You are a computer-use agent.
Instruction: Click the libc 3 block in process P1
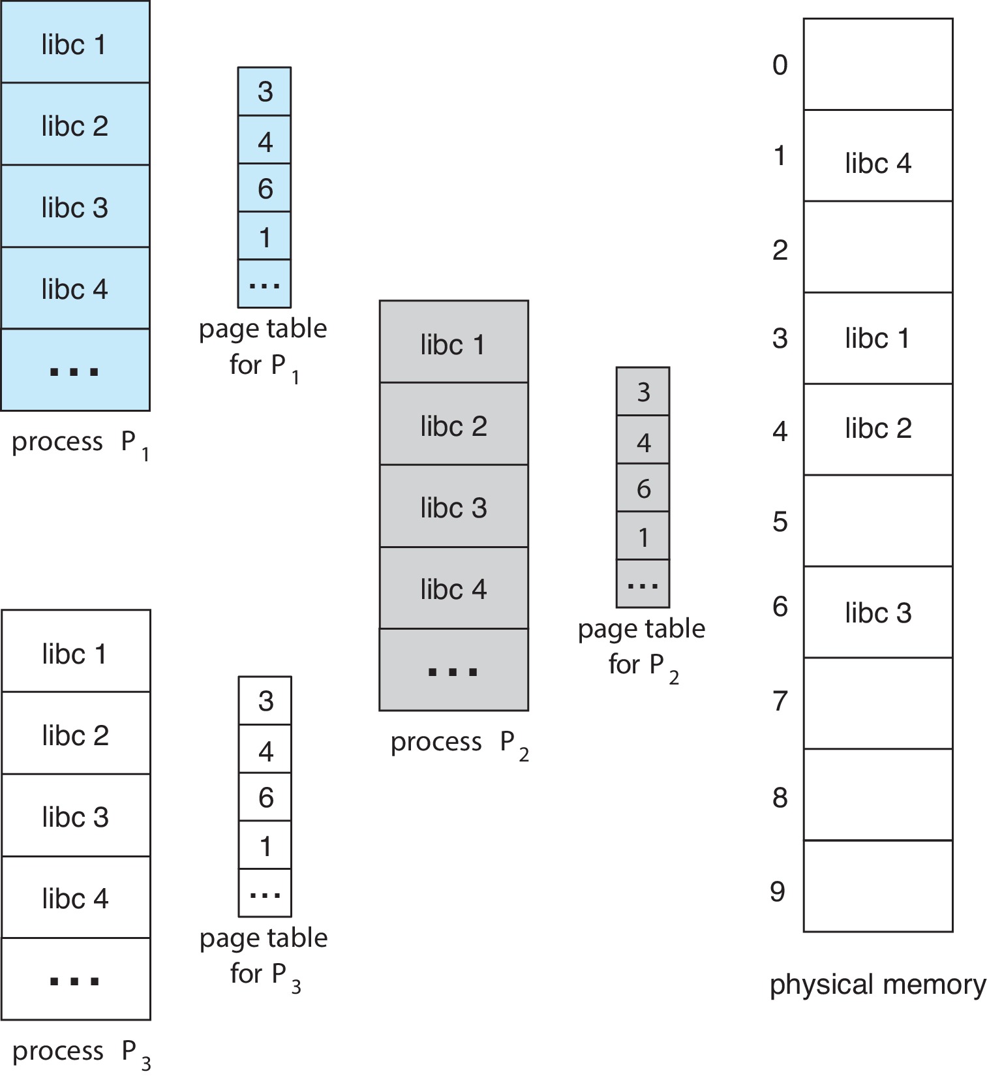coord(75,207)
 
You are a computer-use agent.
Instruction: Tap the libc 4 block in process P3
coord(76,898)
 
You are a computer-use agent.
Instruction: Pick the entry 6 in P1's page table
coord(264,189)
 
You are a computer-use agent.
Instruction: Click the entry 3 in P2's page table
coord(643,392)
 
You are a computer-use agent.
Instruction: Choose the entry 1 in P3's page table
coord(265,846)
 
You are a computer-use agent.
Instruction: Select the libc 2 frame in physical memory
coord(877,429)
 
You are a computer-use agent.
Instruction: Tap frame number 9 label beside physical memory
coord(778,892)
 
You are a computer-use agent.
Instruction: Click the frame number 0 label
coord(780,65)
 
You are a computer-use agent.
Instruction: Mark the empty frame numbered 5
coord(877,521)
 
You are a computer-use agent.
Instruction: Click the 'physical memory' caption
coord(877,985)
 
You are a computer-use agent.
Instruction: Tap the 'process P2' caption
coord(459,743)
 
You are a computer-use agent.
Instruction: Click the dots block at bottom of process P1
coord(75,371)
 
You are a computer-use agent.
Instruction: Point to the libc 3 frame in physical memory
coord(877,612)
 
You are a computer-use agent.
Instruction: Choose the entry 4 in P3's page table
coord(265,750)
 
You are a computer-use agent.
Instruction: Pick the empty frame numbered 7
coord(877,703)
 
